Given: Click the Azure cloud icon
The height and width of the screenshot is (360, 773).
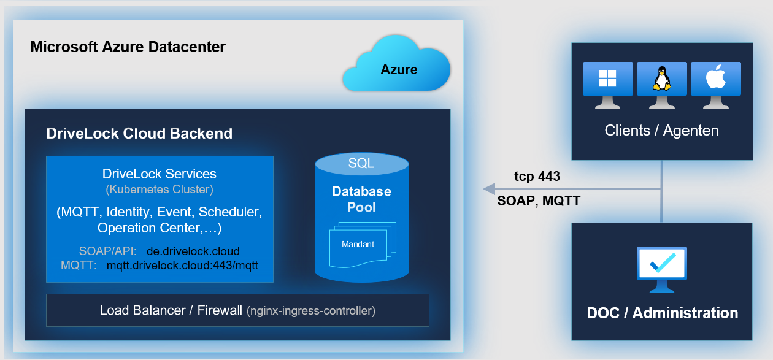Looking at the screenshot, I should (397, 65).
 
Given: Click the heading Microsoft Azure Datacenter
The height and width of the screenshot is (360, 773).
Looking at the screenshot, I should (128, 47).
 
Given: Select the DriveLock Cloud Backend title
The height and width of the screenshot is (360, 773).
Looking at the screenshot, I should (139, 133).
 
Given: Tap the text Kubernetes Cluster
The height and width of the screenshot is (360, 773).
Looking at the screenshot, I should (160, 190).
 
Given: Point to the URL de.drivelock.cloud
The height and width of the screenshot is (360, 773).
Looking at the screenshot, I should (193, 251).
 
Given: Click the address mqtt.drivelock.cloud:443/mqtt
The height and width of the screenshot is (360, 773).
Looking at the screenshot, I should (182, 266).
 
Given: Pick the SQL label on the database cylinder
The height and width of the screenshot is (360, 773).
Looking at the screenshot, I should (361, 163).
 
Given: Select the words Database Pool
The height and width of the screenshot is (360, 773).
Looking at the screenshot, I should (361, 199).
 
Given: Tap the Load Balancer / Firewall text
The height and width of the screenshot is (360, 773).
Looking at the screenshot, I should (171, 310).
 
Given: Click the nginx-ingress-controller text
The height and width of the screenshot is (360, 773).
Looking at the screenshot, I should (311, 311).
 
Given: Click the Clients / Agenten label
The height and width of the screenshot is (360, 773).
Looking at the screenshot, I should (661, 131).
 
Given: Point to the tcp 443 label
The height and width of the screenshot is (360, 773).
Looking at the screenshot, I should (537, 177).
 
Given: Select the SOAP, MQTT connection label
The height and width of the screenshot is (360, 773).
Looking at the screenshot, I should (539, 201).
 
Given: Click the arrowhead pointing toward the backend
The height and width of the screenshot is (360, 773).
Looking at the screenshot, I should (489, 188).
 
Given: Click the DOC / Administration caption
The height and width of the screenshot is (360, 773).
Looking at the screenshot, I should (662, 313).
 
